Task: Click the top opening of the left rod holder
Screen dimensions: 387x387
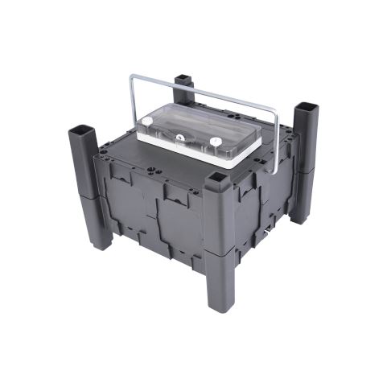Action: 84,129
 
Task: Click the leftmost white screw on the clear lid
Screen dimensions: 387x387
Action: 148,121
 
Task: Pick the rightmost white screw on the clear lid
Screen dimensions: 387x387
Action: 216,142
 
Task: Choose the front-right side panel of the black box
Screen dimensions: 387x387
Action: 261,209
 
